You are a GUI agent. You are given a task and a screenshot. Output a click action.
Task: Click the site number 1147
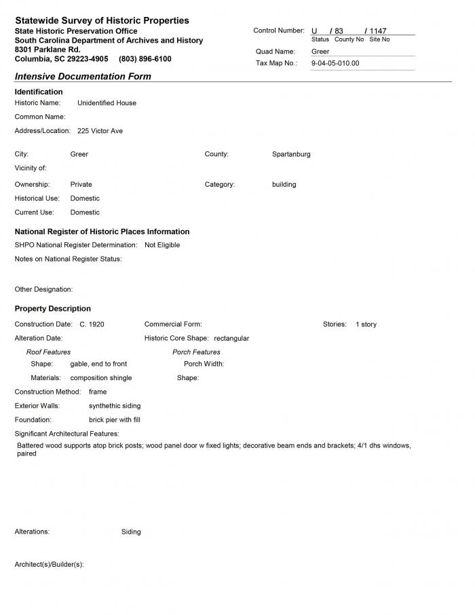pyautogui.click(x=377, y=31)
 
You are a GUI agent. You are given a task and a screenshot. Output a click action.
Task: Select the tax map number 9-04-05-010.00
pyautogui.click(x=335, y=63)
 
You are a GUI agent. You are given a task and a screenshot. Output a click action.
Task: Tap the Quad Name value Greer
pyautogui.click(x=320, y=52)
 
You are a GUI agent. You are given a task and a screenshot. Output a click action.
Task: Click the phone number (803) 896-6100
pyautogui.click(x=145, y=59)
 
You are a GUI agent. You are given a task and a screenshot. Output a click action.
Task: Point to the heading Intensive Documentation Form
pyautogui.click(x=83, y=77)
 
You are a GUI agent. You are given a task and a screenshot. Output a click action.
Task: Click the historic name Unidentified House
pyautogui.click(x=107, y=103)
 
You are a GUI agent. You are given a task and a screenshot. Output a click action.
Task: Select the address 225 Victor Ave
pyautogui.click(x=100, y=131)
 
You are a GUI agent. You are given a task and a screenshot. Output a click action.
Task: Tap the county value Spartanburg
pyautogui.click(x=291, y=154)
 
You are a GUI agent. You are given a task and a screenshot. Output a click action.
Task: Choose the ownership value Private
pyautogui.click(x=81, y=185)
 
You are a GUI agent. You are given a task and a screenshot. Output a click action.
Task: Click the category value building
pyautogui.click(x=284, y=185)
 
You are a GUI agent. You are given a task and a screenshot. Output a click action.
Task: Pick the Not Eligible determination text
pyautogui.click(x=162, y=245)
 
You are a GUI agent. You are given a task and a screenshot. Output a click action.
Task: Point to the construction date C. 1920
pyautogui.click(x=92, y=324)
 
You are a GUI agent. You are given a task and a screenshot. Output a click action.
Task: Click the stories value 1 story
pyautogui.click(x=366, y=324)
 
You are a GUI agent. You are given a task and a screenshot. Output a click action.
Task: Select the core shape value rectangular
pyautogui.click(x=231, y=338)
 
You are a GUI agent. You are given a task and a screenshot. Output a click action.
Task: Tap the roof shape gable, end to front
pyautogui.click(x=98, y=364)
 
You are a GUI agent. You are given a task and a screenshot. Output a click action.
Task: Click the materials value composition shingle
pyautogui.click(x=101, y=378)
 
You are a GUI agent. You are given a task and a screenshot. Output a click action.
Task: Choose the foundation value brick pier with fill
pyautogui.click(x=114, y=420)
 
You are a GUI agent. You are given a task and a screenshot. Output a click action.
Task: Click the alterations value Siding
pyautogui.click(x=131, y=532)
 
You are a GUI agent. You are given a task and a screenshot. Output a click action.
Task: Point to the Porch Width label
pyautogui.click(x=204, y=364)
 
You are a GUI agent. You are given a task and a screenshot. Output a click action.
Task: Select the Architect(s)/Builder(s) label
pyautogui.click(x=49, y=565)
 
